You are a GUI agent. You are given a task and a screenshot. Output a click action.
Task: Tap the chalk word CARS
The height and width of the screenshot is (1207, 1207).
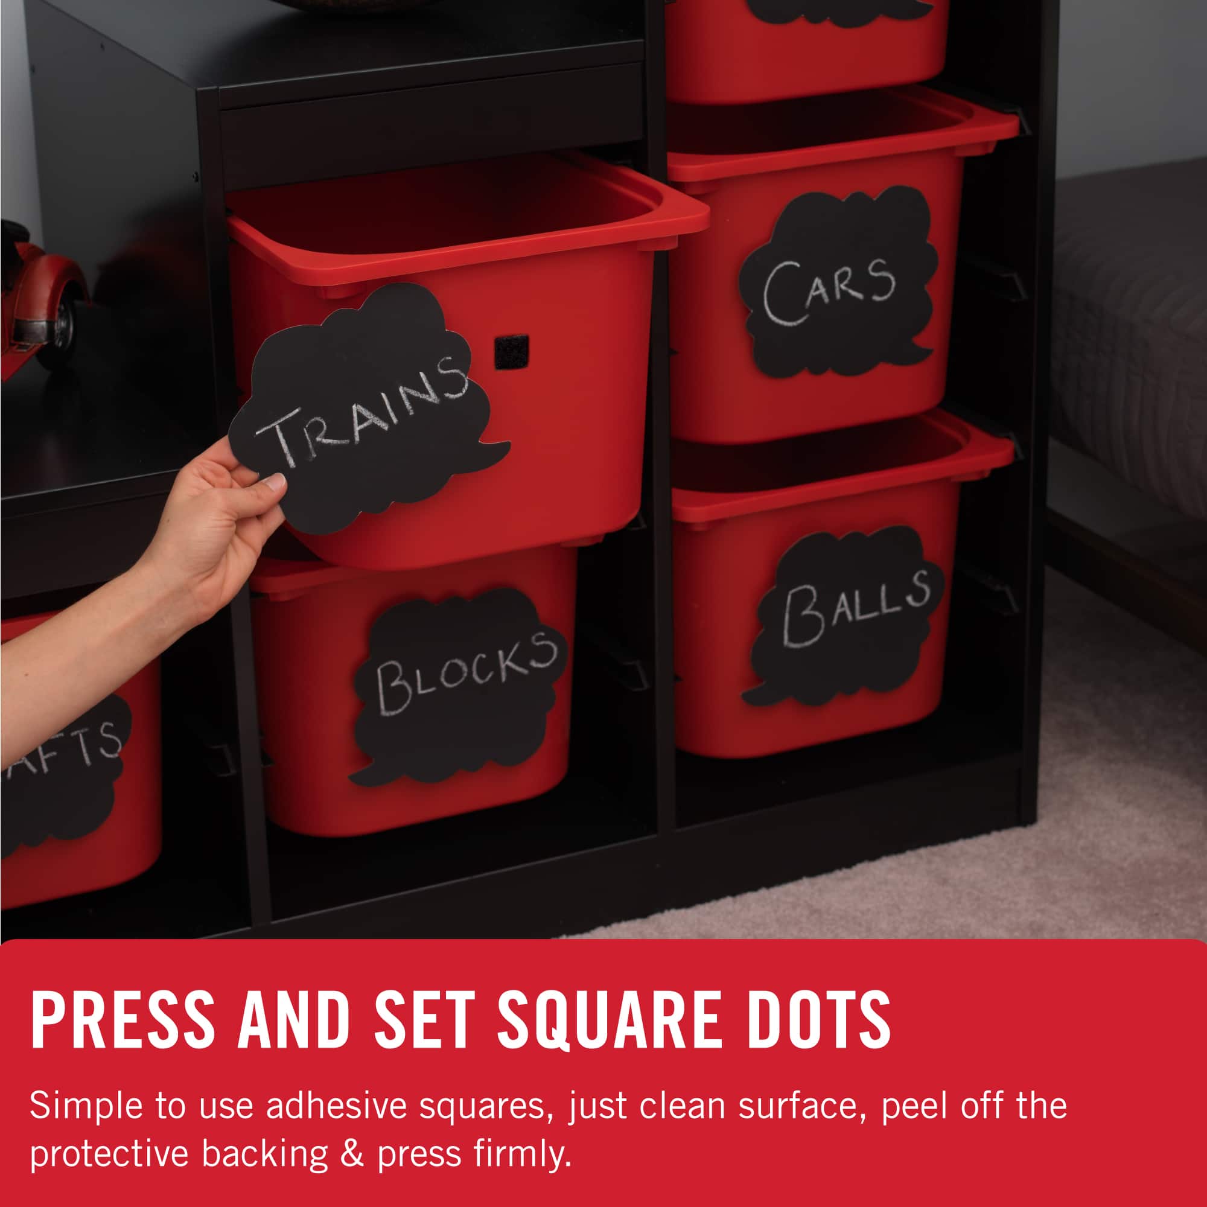pyautogui.click(x=829, y=290)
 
